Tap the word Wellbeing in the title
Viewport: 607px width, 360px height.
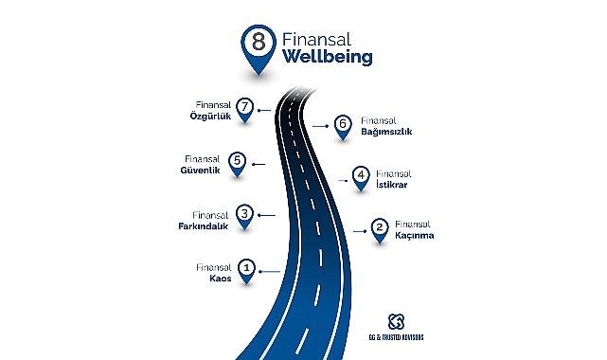(x=328, y=57)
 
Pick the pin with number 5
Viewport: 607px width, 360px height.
(x=237, y=163)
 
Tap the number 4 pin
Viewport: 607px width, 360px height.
(x=360, y=177)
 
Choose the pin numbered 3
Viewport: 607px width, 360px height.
(x=244, y=216)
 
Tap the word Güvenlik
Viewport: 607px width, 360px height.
(x=200, y=171)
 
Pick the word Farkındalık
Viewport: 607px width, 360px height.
(x=201, y=225)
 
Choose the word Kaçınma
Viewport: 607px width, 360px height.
(x=414, y=236)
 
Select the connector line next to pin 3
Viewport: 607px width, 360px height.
(x=266, y=214)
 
